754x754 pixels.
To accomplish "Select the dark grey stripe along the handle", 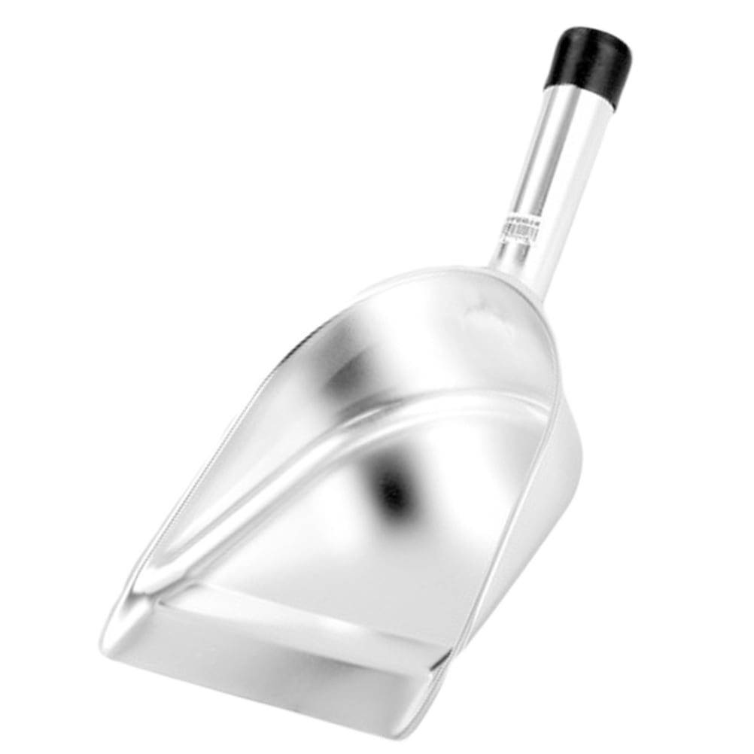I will pos(531,173).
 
